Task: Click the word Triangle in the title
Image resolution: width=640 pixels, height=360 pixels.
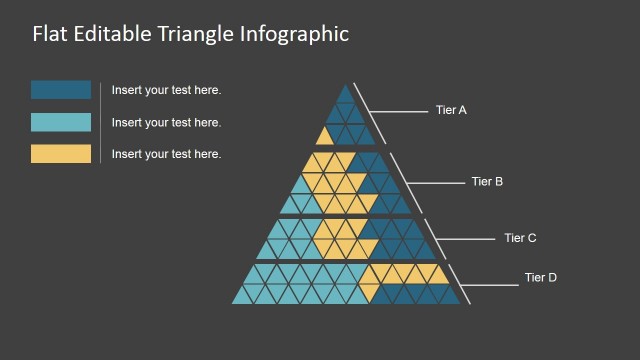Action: (x=195, y=33)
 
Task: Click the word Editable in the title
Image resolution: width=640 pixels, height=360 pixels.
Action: (x=113, y=33)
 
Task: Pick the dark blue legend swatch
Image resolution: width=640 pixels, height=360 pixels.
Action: (x=61, y=90)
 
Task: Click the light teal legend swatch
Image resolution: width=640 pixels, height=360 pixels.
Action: (x=61, y=122)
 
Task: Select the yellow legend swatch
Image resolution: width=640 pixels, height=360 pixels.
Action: (x=61, y=154)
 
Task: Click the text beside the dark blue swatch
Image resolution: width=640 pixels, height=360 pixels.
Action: (x=166, y=90)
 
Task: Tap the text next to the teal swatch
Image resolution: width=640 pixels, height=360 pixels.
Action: (x=166, y=122)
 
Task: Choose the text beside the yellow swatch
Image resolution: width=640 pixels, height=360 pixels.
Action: (x=166, y=154)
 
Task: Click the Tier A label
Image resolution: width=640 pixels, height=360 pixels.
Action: (x=452, y=110)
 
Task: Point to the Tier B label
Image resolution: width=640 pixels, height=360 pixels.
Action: (x=487, y=182)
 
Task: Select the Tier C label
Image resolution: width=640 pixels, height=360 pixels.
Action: (x=520, y=238)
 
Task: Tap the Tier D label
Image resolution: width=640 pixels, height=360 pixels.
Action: (x=541, y=277)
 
